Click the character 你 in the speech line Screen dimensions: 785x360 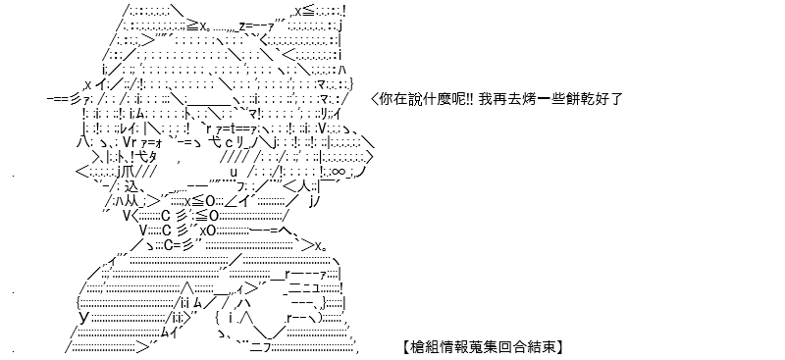click(x=387, y=99)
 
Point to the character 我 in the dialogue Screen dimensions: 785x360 click(x=485, y=99)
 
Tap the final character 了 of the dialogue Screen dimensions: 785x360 click(x=616, y=99)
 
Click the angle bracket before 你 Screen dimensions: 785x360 click(x=375, y=99)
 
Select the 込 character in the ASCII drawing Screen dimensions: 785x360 click(x=131, y=186)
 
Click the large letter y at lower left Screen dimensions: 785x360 click(x=84, y=317)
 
